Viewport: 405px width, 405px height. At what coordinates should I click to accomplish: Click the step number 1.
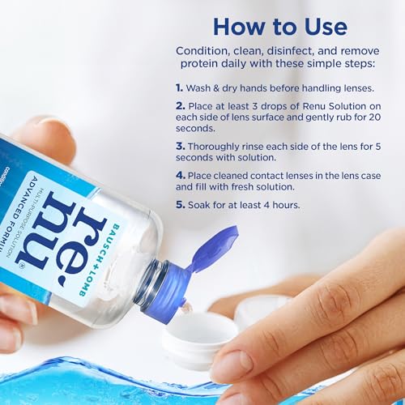[x=180, y=87]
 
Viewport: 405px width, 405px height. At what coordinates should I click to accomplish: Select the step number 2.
[x=181, y=106]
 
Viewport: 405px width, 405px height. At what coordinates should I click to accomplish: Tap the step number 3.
[x=181, y=147]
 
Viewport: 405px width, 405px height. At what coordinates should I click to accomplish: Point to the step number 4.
[x=181, y=173]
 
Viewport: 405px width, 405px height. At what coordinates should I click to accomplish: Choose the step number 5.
[x=181, y=204]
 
